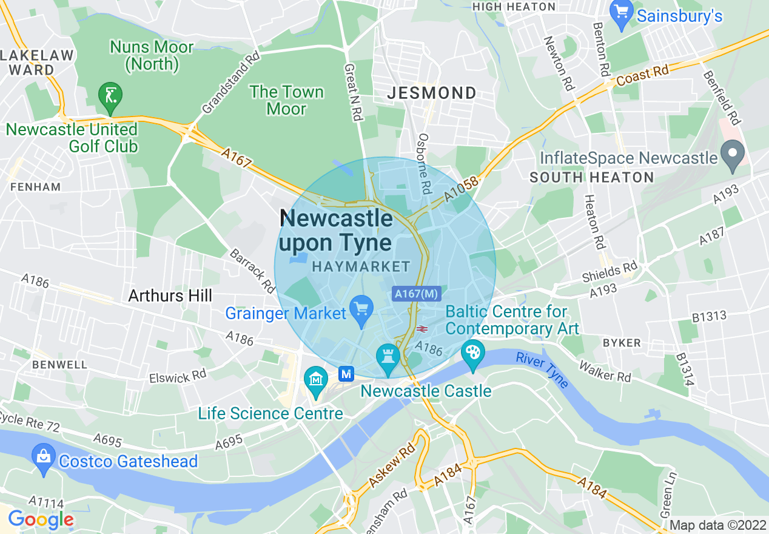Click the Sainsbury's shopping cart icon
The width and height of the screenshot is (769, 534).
click(x=622, y=14)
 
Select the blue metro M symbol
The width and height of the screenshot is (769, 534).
click(x=346, y=374)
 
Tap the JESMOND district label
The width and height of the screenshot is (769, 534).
click(x=432, y=93)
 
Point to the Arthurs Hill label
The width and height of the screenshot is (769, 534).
click(x=170, y=296)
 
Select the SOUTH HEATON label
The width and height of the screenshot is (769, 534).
click(x=591, y=178)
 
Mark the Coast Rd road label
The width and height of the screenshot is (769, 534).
click(x=642, y=76)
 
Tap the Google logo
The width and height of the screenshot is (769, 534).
click(x=41, y=519)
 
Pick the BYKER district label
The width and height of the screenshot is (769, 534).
click(x=621, y=343)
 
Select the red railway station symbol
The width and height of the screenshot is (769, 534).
click(x=422, y=329)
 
